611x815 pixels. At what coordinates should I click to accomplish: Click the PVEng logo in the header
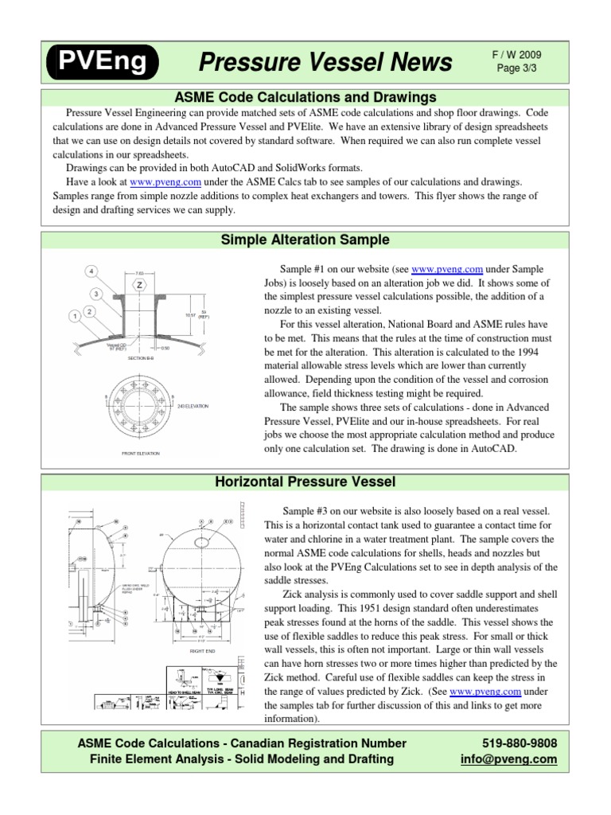tap(101, 62)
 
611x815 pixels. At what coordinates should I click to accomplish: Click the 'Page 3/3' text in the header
tap(519, 69)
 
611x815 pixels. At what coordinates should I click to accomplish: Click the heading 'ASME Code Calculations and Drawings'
tap(305, 97)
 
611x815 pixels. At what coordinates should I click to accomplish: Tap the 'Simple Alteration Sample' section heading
tap(305, 239)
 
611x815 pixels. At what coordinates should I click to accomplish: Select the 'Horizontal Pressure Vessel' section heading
tap(305, 482)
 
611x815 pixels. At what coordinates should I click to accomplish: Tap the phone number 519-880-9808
tap(518, 743)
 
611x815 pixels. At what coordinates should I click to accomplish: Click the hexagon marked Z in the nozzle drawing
tap(140, 284)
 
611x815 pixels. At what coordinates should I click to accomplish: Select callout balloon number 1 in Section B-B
tap(75, 316)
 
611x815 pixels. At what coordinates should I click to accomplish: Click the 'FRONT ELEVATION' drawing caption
tap(140, 454)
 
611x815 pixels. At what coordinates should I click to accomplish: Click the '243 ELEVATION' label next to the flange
tap(193, 406)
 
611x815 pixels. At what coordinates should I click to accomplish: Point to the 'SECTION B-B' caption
tap(140, 358)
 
